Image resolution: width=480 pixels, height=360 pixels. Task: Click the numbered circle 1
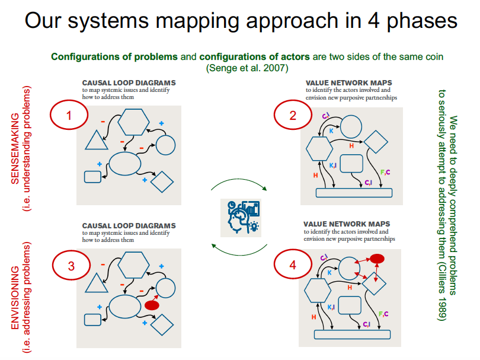coord(69,116)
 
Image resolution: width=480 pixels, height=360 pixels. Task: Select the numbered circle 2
coord(293,116)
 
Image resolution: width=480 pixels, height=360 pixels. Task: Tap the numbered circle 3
coord(71,266)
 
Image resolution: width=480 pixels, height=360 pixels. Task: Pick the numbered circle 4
coord(293,265)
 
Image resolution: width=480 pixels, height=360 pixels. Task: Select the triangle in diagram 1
coord(95,141)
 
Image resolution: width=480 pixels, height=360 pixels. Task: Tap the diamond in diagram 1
coord(161,181)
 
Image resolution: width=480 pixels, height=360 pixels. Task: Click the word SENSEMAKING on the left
coord(16,141)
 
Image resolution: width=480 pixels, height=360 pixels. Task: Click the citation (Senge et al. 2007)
coord(247,68)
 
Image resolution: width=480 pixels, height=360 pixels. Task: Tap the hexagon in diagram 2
coord(319,148)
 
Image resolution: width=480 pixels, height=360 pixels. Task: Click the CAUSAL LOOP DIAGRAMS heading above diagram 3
coord(129,226)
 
